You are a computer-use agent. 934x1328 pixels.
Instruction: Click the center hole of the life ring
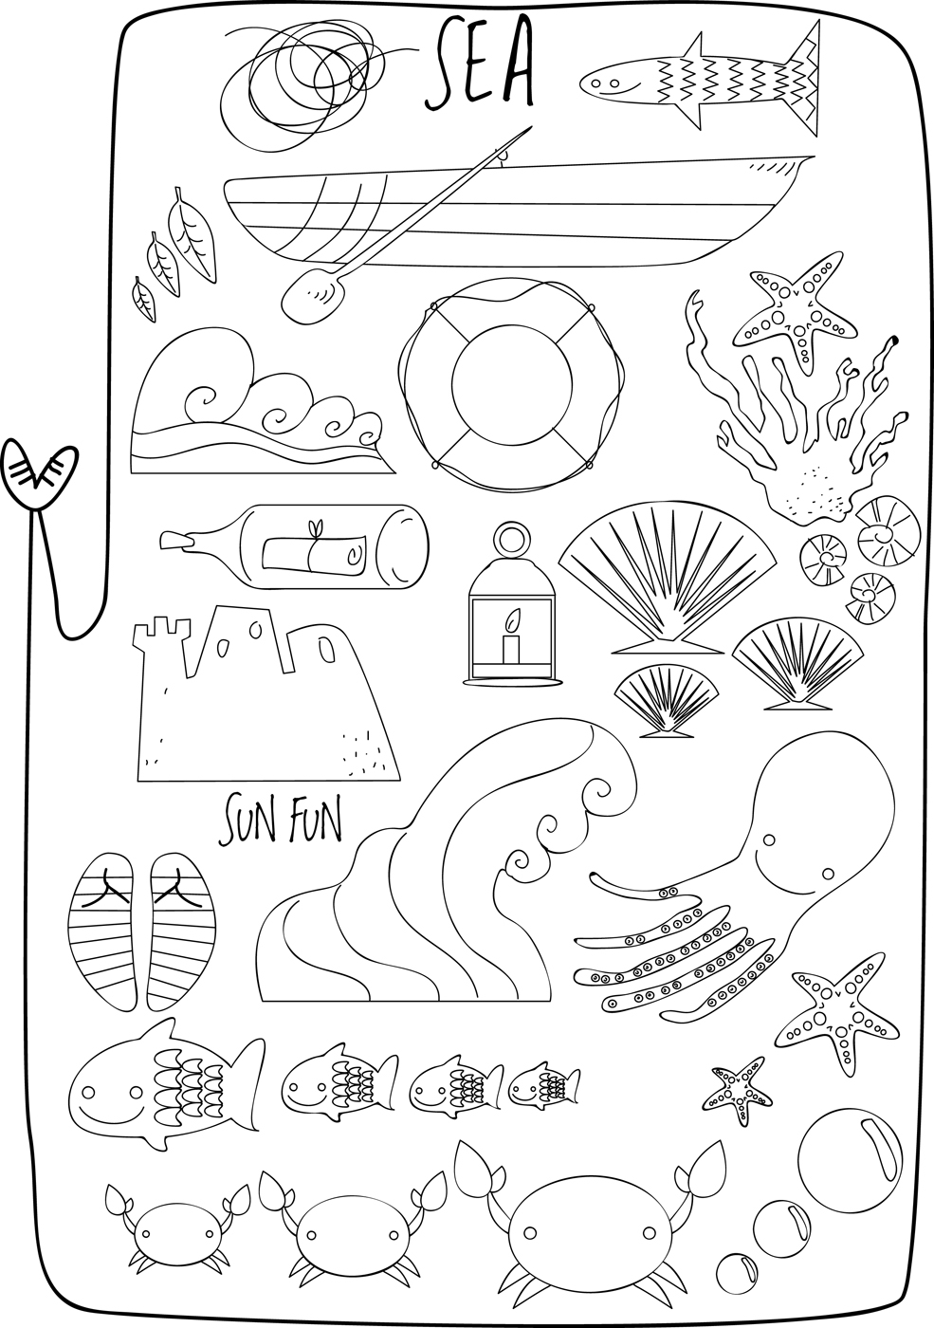[511, 384]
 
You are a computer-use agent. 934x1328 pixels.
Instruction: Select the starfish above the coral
[795, 310]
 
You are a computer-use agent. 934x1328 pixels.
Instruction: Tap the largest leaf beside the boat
[191, 233]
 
